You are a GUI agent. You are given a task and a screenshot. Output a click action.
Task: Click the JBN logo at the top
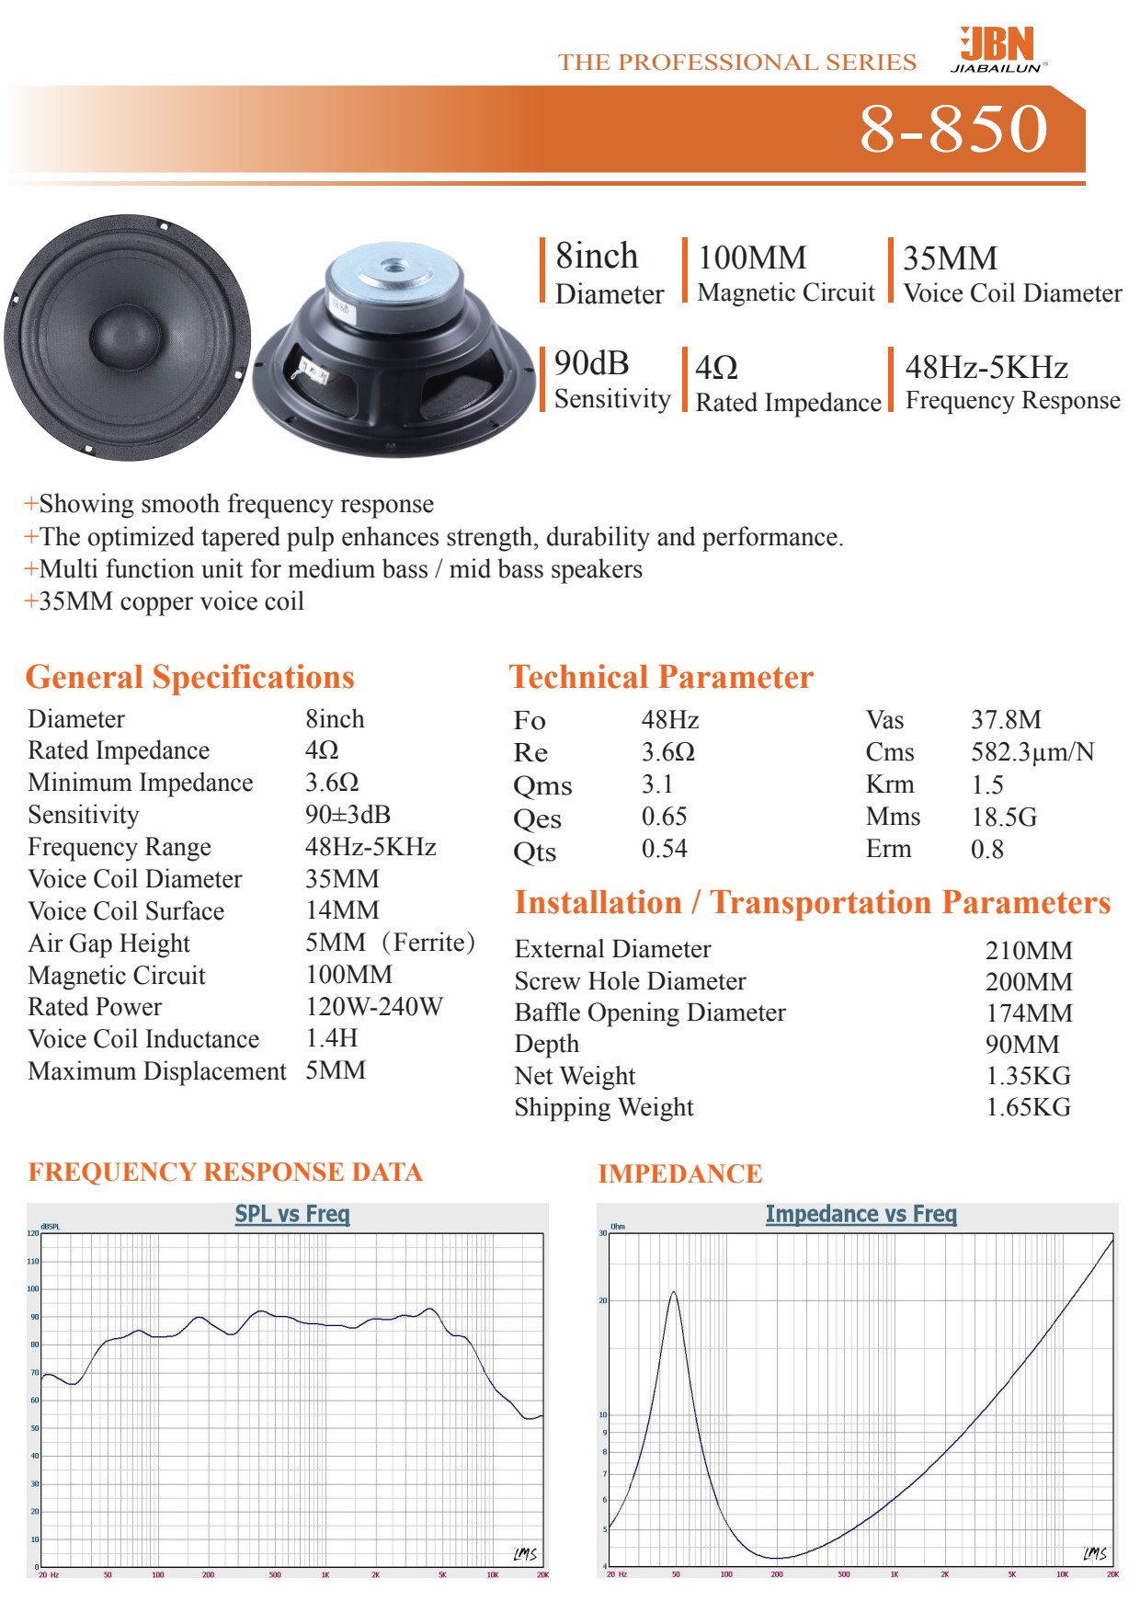[x=998, y=49]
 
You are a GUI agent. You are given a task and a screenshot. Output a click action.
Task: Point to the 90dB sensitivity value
[x=591, y=364]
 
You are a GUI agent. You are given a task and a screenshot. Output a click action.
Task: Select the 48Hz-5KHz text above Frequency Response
[x=986, y=368]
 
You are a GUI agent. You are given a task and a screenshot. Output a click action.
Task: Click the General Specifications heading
[x=189, y=678]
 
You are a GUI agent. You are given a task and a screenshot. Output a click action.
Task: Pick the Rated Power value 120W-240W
[x=374, y=1007]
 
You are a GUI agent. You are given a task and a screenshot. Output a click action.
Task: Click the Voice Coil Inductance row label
[x=143, y=1039]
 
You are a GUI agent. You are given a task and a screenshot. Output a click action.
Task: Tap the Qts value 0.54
[x=664, y=849]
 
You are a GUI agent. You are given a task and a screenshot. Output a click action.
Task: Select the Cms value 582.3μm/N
[x=1032, y=752]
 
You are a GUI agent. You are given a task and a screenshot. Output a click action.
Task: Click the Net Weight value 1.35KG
[x=1028, y=1076]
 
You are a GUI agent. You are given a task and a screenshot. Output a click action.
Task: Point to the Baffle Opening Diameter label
[x=650, y=1012]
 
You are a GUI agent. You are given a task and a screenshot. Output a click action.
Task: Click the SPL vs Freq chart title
[x=292, y=1214]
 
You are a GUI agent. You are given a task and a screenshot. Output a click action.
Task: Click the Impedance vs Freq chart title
[x=861, y=1215]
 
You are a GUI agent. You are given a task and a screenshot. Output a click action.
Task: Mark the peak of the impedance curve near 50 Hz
[x=674, y=1293]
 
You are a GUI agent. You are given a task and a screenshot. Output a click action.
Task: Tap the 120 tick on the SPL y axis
[x=33, y=1233]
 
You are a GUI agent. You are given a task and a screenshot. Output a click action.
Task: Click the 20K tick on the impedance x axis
[x=1112, y=1574]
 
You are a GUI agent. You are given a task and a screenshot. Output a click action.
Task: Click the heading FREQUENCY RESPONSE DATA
[x=225, y=1173]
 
